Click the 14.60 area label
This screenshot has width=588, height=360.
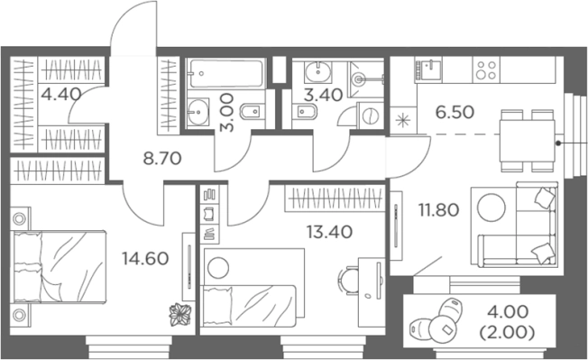pyautogui.click(x=145, y=259)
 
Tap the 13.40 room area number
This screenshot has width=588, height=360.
pyautogui.click(x=329, y=232)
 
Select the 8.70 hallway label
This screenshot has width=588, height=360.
pyautogui.click(x=162, y=159)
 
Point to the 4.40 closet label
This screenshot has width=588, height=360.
pyautogui.click(x=61, y=94)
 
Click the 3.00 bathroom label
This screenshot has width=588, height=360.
pyautogui.click(x=227, y=113)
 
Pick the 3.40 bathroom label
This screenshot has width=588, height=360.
pyautogui.click(x=323, y=95)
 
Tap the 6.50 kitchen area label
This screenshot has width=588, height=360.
pyautogui.click(x=455, y=112)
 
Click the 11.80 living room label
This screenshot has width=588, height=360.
pyautogui.click(x=439, y=210)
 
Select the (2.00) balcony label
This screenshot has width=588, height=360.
pyautogui.click(x=507, y=332)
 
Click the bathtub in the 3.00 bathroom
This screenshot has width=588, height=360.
pyautogui.click(x=225, y=73)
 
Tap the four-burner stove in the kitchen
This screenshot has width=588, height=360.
pyautogui.click(x=486, y=70)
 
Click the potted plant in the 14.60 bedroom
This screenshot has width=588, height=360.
pyautogui.click(x=180, y=314)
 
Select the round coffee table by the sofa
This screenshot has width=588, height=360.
pyautogui.click(x=492, y=208)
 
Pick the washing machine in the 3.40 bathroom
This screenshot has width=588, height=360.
pyautogui.click(x=370, y=115)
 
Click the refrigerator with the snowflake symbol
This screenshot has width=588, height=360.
pyautogui.click(x=403, y=120)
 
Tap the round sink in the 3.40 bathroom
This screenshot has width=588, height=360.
pyautogui.click(x=318, y=72)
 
